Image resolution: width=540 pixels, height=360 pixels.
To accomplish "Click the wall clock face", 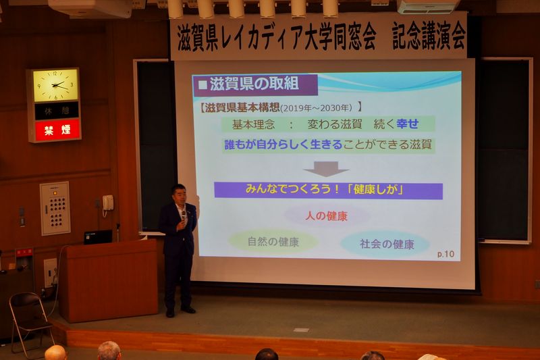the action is point(55,84).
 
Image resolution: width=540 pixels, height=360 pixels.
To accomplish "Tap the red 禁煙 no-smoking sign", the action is point(57,130).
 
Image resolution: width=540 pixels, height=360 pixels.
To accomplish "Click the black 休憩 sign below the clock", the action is point(57,111).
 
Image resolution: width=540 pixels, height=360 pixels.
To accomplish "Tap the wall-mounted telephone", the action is point(108,203).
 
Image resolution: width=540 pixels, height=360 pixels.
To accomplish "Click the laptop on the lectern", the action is point(98,237).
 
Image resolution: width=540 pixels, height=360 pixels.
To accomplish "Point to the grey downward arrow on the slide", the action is point(326,168).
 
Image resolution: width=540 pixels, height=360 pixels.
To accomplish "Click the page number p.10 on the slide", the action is point(446,254).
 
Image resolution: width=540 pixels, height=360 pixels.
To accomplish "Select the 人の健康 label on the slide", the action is point(326,216).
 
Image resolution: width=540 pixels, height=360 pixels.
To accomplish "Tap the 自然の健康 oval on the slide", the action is point(273,242).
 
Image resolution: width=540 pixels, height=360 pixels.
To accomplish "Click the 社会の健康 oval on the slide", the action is point(386,244).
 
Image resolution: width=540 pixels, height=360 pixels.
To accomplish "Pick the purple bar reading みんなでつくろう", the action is point(328,190).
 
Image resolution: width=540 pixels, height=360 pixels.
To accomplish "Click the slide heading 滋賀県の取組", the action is point(254,84).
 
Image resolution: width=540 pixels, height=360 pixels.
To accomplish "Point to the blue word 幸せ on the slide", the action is point(408,124).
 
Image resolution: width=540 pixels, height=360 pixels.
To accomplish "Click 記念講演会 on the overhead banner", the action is point(429,36).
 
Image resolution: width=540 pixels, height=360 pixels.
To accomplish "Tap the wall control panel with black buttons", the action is point(55,209).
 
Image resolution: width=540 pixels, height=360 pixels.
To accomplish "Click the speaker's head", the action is point(179,194).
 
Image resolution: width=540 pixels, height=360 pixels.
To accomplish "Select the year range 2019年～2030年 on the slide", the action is point(316,108).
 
